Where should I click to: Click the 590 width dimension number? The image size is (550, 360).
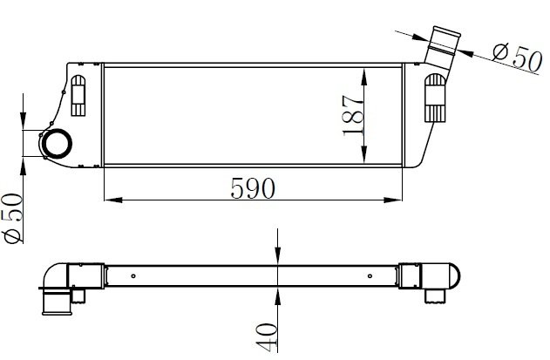point(253,188)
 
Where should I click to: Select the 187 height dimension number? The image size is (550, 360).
point(353,115)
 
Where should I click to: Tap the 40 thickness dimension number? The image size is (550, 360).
point(267,336)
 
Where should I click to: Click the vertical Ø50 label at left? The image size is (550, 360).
point(13,218)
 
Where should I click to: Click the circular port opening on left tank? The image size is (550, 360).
point(57,144)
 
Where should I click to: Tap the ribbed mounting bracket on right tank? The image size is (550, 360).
point(435,98)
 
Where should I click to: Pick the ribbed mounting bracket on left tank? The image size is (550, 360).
point(78,95)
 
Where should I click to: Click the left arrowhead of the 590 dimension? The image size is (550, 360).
point(113,200)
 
